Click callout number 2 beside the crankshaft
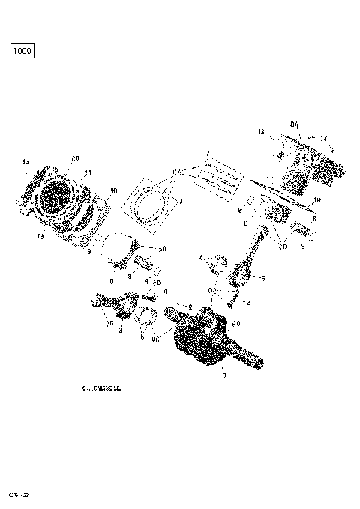[190, 307]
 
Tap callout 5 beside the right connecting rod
[263, 277]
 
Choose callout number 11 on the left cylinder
[89, 173]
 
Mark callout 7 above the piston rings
[207, 154]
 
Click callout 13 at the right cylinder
[323, 138]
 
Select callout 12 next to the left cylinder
[25, 162]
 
